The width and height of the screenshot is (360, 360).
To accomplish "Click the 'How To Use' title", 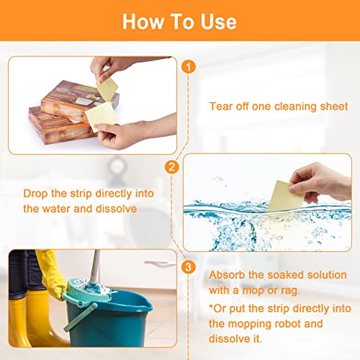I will (x=179, y=21).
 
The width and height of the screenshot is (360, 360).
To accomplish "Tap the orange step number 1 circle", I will (x=188, y=67).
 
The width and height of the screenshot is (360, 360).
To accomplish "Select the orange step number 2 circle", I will (x=171, y=167).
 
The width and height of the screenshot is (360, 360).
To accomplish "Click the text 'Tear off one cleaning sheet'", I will (x=278, y=106).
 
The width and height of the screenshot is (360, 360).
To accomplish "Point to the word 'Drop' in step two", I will (x=36, y=194).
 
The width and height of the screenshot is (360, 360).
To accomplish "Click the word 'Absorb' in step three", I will (x=226, y=275).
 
